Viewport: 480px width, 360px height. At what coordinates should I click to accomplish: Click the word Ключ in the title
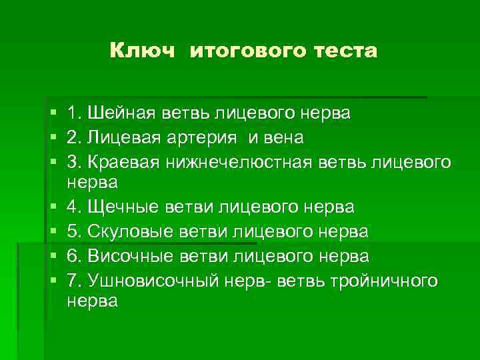pyautogui.click(x=142, y=51)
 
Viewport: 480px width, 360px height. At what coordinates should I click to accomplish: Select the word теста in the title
pyautogui.click(x=344, y=51)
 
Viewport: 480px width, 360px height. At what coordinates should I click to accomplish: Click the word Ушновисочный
pyautogui.click(x=152, y=281)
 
